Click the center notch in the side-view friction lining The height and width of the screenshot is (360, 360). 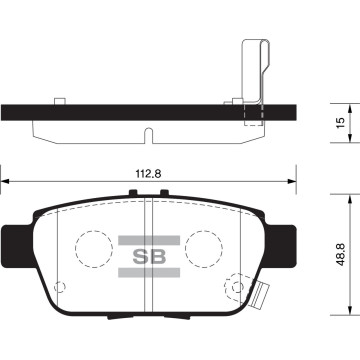click(x=147, y=133)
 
